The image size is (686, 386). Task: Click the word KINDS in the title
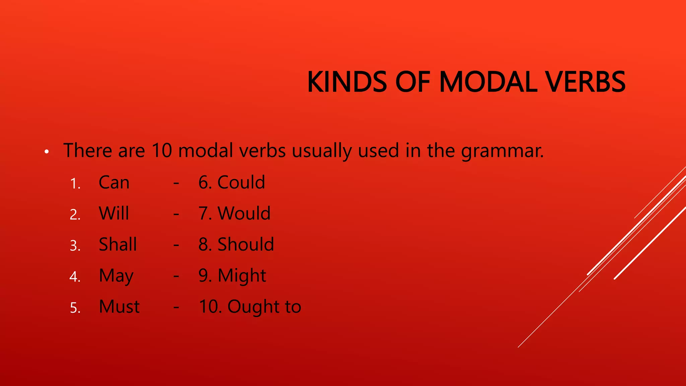[x=347, y=82]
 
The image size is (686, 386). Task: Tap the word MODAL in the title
[x=488, y=82]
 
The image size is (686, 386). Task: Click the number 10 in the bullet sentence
[x=162, y=150]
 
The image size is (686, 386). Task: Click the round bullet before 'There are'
[x=47, y=152]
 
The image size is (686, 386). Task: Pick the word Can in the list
[x=114, y=183]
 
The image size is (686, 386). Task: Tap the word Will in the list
[x=114, y=213]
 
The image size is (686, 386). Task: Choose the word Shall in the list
[x=118, y=244]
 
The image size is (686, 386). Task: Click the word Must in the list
[x=119, y=307]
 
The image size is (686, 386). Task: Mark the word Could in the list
[x=241, y=183]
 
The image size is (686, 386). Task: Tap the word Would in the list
[x=244, y=213]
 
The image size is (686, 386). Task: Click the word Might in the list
[x=242, y=276]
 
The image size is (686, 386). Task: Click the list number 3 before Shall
[x=75, y=246]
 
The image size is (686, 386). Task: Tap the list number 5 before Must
[x=75, y=308]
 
